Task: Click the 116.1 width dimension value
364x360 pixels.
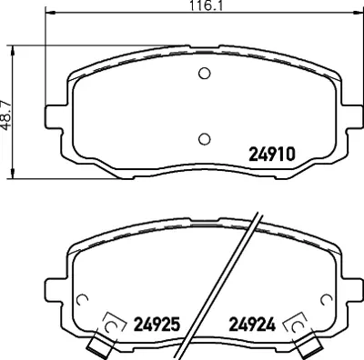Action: [x=206, y=5]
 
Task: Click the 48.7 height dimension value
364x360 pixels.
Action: [x=7, y=115]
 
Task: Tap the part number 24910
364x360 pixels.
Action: [x=272, y=154]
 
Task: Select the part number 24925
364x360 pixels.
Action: [x=157, y=324]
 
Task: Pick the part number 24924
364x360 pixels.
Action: [x=252, y=324]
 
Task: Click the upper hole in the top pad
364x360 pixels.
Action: [x=205, y=73]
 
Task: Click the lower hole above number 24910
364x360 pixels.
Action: [x=205, y=139]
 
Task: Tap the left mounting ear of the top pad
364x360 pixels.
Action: [x=56, y=116]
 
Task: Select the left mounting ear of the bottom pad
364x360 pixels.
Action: [x=56, y=291]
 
